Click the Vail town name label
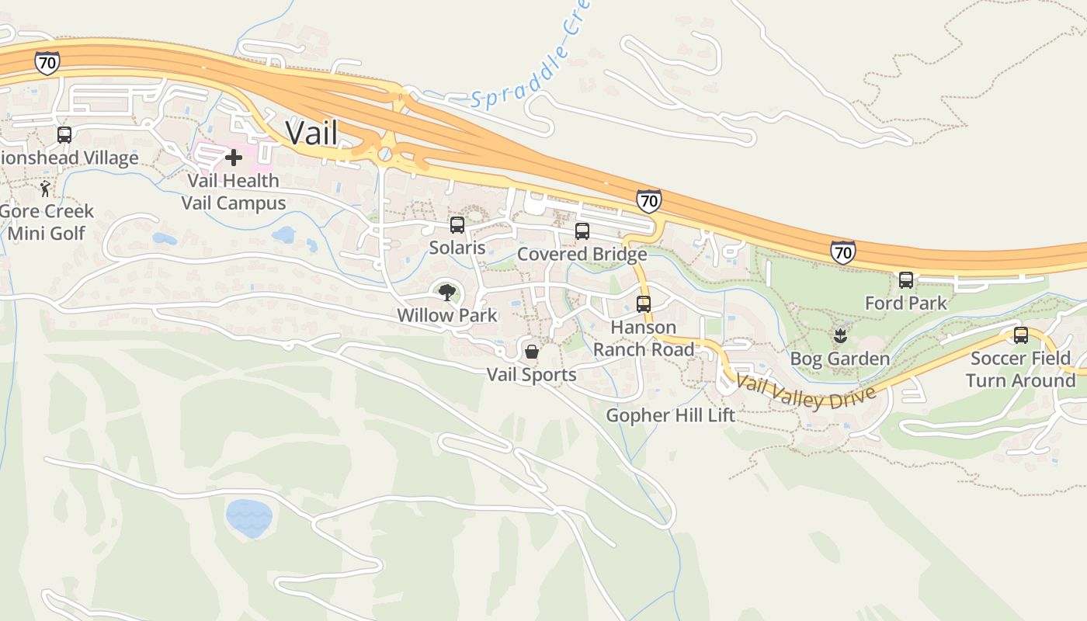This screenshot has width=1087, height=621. coord(311,133)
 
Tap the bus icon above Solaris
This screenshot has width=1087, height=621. coord(457,225)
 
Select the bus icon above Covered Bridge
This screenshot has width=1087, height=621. coord(582,231)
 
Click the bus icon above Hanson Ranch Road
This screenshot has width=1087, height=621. coord(644,304)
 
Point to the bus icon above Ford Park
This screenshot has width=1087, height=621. coord(906,280)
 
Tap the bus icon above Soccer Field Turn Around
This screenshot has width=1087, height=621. coord(1021,335)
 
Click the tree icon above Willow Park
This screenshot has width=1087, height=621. coord(446,293)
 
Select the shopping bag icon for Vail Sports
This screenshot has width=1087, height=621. coord(532,352)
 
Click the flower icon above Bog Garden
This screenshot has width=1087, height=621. coord(839,336)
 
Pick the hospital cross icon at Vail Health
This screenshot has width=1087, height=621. coord(233,158)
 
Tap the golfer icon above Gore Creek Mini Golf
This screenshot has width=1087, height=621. coord(46,189)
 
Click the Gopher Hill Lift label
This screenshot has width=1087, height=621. coord(670,415)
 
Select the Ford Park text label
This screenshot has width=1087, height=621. coord(906,303)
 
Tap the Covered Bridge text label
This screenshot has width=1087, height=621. coord(582,254)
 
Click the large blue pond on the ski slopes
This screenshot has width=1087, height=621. coord(248,518)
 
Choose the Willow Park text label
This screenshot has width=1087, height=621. coord(446,315)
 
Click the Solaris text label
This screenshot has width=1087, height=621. coord(457,248)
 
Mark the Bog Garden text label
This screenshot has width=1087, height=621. coord(839,359)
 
